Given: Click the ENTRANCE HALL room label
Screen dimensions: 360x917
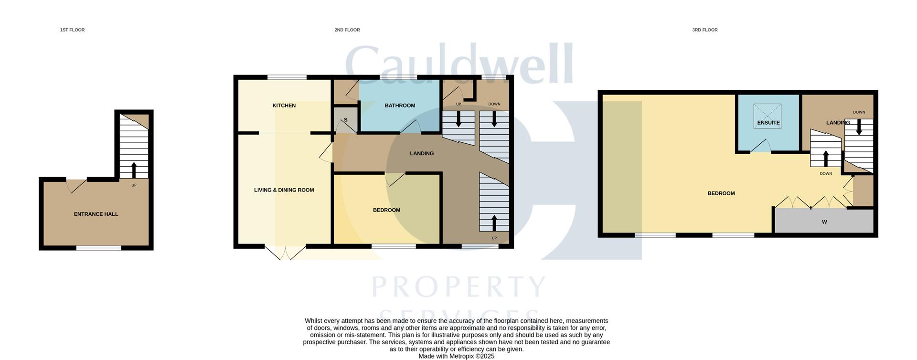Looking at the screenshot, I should [96, 214].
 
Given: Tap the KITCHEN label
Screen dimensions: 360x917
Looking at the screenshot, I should [284, 106].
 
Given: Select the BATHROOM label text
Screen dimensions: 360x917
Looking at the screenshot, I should [400, 106].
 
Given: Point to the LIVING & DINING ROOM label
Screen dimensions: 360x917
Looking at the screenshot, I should [284, 190].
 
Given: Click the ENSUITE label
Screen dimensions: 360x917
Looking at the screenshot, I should [768, 123].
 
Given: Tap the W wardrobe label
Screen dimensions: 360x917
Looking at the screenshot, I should [824, 222].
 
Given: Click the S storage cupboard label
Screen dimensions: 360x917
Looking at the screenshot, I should [345, 120].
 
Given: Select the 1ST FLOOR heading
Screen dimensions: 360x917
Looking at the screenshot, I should [72, 30].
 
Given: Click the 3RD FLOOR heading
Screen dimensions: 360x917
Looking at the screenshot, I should [704, 30].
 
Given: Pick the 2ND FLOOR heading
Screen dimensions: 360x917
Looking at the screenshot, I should [347, 30].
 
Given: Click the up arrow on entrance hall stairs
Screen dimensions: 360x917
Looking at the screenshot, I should [134, 170].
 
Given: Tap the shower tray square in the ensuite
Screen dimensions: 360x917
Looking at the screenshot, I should [768, 113].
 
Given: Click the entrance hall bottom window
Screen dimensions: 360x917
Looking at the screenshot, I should [99, 248].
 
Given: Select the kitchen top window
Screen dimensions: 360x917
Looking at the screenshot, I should [287, 77].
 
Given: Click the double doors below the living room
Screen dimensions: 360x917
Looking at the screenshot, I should [285, 253].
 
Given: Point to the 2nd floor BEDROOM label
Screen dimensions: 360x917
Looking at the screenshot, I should [386, 210].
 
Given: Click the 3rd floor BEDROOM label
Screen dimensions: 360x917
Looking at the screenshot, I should [721, 193].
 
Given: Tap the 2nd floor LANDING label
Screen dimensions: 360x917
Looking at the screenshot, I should [422, 153].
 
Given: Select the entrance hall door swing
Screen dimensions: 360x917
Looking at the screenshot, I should [76, 186].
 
